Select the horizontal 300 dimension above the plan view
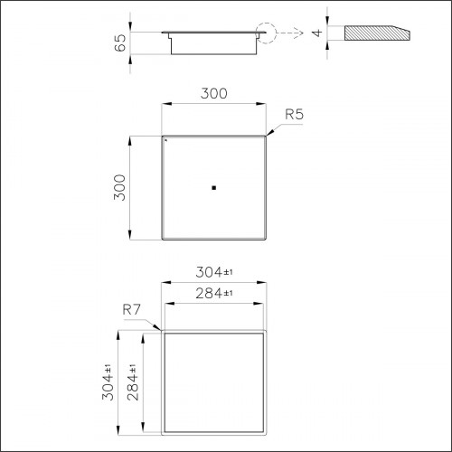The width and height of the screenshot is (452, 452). [213, 93]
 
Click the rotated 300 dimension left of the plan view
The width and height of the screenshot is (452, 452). [120, 187]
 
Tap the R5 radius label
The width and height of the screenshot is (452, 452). [294, 115]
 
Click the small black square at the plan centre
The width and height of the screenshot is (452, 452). [213, 188]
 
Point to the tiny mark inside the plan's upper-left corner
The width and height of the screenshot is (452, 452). [166, 141]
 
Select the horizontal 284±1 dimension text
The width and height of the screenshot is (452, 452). [215, 293]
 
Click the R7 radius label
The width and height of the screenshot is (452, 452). [131, 310]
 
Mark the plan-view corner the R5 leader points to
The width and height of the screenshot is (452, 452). [266, 137]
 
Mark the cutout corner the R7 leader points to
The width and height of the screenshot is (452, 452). [163, 332]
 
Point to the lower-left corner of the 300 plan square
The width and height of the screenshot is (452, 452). [162, 239]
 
